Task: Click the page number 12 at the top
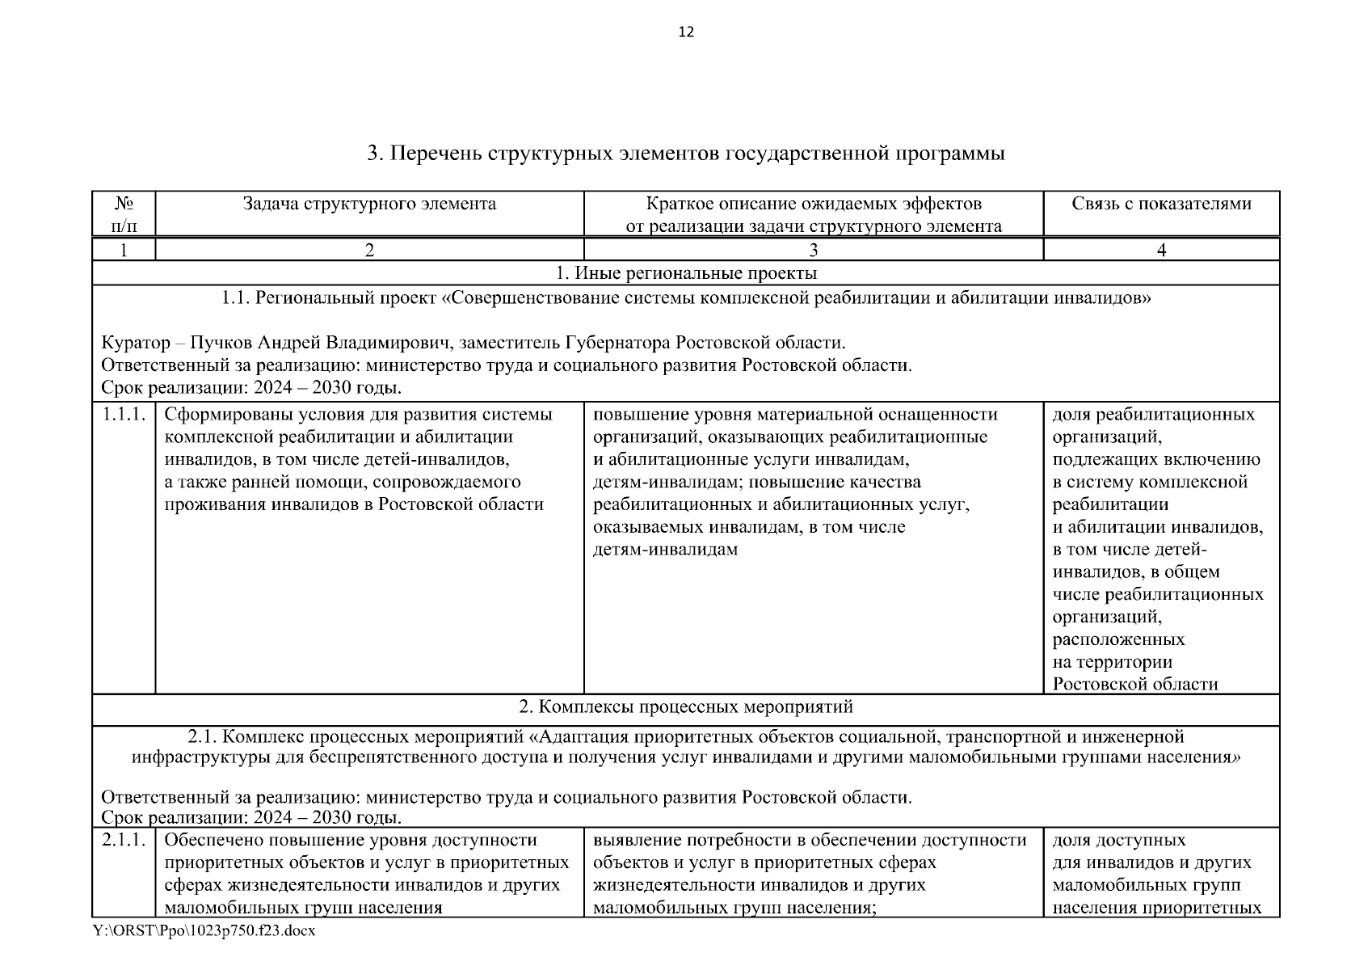686,32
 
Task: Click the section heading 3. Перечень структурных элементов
686,154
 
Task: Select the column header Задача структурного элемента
369,204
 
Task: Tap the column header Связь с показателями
1161,204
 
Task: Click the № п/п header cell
124,214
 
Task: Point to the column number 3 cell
813,250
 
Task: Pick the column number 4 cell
1161,250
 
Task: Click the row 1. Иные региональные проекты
686,273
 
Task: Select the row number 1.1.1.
124,415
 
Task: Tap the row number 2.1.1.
124,841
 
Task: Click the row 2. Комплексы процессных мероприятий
686,707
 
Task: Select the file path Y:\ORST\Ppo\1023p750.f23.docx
204,931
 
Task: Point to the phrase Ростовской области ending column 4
1134,685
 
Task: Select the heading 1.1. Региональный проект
686,298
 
